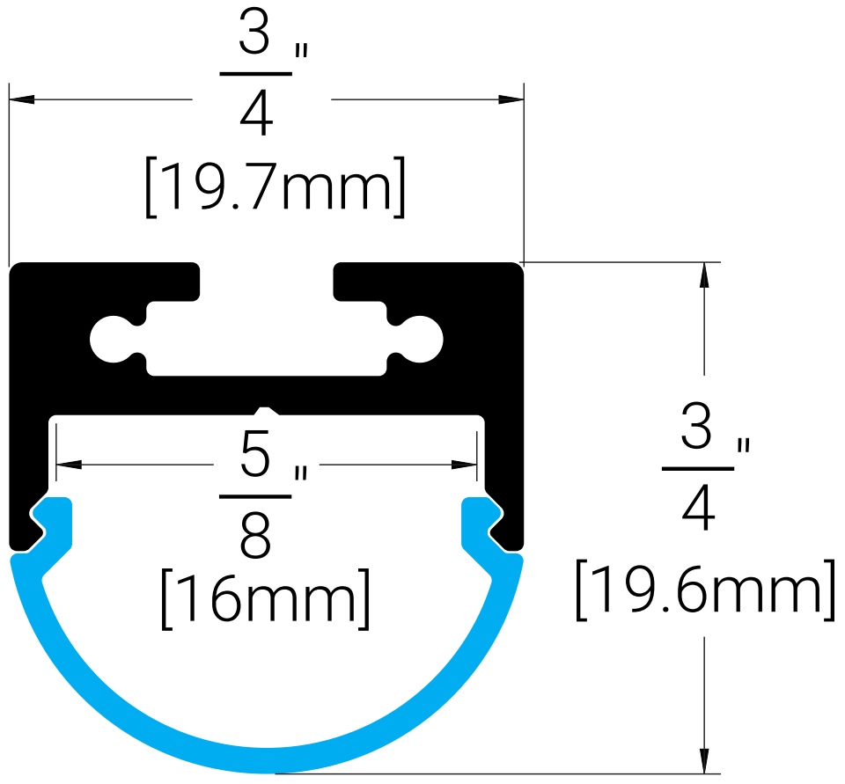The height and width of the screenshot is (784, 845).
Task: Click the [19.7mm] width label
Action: coord(276,187)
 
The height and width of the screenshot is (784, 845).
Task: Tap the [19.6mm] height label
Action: coord(705,590)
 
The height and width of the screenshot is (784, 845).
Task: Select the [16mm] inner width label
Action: coord(266,598)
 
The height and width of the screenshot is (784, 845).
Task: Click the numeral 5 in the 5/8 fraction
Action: coord(255,454)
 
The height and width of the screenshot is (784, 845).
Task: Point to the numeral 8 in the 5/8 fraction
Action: coord(255,534)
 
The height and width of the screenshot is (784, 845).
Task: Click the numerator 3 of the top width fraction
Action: coord(254,32)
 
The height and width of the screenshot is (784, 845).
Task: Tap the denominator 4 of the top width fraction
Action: coord(256,113)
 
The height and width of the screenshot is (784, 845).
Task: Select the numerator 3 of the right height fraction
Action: coord(697,426)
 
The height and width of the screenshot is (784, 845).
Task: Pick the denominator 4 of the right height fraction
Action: coord(698,508)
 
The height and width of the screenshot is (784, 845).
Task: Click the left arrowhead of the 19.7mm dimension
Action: coord(21,99)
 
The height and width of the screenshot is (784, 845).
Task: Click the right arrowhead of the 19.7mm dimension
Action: coord(511,99)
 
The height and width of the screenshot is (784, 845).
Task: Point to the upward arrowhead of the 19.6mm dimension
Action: coord(704,275)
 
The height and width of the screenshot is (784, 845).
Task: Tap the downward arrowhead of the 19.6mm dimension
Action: coord(704,761)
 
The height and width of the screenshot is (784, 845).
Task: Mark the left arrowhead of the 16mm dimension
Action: coord(69,465)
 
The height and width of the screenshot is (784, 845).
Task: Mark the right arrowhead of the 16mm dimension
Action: coord(464,465)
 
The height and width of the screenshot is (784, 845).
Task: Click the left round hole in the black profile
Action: coord(111,340)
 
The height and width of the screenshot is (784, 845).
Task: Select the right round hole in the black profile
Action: coord(422,340)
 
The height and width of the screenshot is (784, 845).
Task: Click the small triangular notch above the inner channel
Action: coord(267,412)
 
